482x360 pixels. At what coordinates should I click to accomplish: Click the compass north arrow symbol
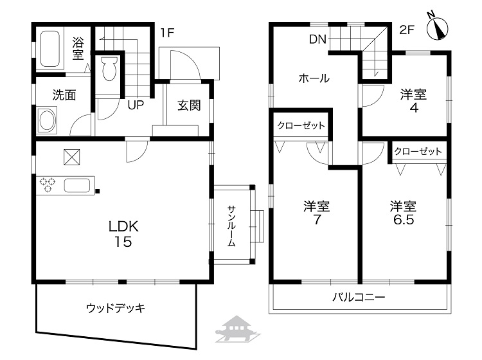[x=437, y=28]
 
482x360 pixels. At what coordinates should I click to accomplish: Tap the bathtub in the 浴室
[x=49, y=49]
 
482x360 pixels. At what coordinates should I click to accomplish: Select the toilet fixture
[x=109, y=69]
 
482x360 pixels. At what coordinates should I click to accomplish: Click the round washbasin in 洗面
[x=47, y=120]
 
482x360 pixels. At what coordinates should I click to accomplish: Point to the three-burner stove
[x=48, y=184]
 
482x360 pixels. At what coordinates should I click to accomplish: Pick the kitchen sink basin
[x=77, y=186]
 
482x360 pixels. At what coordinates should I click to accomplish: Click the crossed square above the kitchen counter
[x=71, y=157]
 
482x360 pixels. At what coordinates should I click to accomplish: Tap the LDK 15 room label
[x=123, y=234]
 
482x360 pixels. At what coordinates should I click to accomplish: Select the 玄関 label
[x=189, y=105]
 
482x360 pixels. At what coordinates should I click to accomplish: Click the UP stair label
[x=136, y=105]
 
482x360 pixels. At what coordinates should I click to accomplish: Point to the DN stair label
[x=317, y=39]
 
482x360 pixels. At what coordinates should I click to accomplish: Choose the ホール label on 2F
[x=314, y=78]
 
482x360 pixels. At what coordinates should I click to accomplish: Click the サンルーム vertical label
[x=231, y=226]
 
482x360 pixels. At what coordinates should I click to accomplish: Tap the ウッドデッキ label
[x=116, y=308]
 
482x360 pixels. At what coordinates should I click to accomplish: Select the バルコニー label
[x=359, y=297]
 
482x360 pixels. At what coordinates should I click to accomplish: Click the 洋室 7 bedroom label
[x=317, y=212]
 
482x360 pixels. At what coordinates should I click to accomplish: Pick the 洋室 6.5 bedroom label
[x=403, y=212]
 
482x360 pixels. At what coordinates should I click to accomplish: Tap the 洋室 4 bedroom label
[x=413, y=101]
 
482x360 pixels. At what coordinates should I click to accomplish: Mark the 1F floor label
[x=167, y=32]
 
